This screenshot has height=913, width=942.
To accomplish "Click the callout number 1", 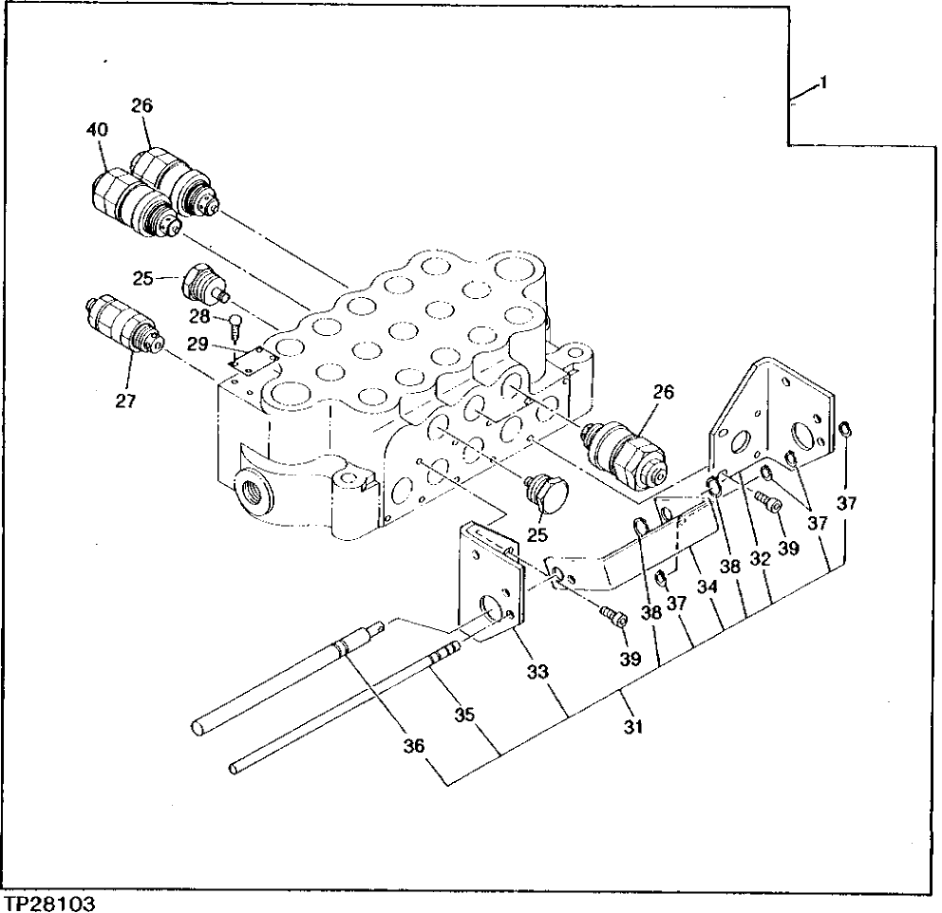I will [822, 84].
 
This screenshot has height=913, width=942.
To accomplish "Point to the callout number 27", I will [125, 401].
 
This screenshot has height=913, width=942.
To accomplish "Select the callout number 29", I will [198, 344].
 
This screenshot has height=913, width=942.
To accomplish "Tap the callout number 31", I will [633, 727].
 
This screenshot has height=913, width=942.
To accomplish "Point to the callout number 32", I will [759, 559].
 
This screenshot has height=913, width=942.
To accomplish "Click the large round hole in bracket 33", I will [492, 608].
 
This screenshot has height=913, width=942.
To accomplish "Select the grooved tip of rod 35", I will [442, 654].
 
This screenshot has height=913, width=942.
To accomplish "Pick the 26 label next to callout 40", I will [142, 105].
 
